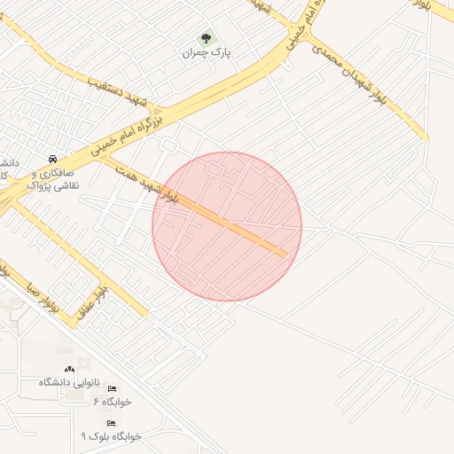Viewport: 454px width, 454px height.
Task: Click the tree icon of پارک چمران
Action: (207, 38)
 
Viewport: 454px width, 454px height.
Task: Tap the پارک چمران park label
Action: (207, 53)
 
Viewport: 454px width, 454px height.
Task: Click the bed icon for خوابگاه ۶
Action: (111, 389)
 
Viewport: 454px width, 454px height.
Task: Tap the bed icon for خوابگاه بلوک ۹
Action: (111, 423)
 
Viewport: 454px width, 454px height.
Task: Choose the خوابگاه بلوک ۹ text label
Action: (111, 435)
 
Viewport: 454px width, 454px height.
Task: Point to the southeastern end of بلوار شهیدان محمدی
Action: (425, 138)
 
